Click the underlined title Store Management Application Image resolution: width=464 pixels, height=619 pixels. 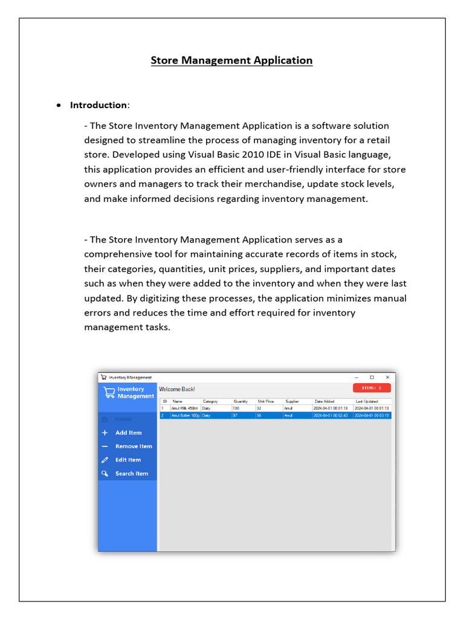231,60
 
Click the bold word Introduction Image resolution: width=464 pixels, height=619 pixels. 98,105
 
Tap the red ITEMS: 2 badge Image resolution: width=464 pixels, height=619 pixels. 372,388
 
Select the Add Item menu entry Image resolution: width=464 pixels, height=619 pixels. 128,433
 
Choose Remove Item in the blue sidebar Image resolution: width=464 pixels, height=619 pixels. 134,447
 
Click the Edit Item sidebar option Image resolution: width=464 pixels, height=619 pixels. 128,460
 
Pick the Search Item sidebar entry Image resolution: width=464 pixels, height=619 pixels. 131,474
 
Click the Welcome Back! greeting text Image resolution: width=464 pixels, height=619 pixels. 176,389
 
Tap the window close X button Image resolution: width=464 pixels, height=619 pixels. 387,377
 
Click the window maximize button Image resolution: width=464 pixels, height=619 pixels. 372,377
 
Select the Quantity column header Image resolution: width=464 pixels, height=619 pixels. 240,401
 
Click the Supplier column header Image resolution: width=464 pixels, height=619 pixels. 292,401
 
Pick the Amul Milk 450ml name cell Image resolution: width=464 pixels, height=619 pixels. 184,409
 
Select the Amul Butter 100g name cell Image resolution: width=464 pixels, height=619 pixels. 185,416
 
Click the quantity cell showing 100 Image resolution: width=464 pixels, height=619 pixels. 236,409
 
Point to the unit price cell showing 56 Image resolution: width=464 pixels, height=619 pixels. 259,416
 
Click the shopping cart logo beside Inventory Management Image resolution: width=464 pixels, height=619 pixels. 109,392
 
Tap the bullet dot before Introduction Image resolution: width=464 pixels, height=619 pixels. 58,105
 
